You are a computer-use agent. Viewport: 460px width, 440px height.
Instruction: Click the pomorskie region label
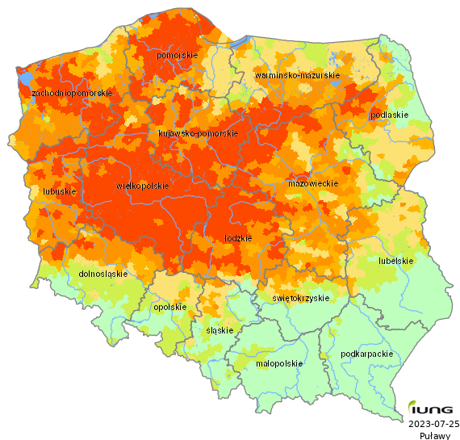tap(178, 55)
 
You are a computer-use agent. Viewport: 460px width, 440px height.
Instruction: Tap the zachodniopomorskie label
tap(71, 94)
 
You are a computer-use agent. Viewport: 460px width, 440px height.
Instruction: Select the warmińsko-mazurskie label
tap(296, 75)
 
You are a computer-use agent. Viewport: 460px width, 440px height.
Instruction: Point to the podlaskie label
tap(389, 115)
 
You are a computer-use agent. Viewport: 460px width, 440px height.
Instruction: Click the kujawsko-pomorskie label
tap(198, 133)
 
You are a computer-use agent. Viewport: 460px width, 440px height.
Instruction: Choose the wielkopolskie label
tap(143, 186)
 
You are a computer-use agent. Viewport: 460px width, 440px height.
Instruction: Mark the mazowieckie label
tap(312, 184)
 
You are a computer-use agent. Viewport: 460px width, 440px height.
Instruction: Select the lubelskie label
tap(395, 261)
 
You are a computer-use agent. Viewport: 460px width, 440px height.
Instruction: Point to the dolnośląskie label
tap(103, 274)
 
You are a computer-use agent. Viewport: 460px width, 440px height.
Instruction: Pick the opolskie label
tap(169, 307)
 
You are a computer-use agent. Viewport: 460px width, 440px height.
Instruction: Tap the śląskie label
tap(220, 330)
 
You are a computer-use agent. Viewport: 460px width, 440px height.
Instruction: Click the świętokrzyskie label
tap(301, 298)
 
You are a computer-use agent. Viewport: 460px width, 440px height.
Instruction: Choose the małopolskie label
tap(278, 363)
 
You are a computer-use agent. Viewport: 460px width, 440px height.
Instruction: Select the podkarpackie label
tap(367, 354)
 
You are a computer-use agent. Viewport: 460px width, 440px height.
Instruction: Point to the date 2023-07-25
tap(433, 423)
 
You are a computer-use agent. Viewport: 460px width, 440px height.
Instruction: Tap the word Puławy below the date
tap(434, 434)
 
